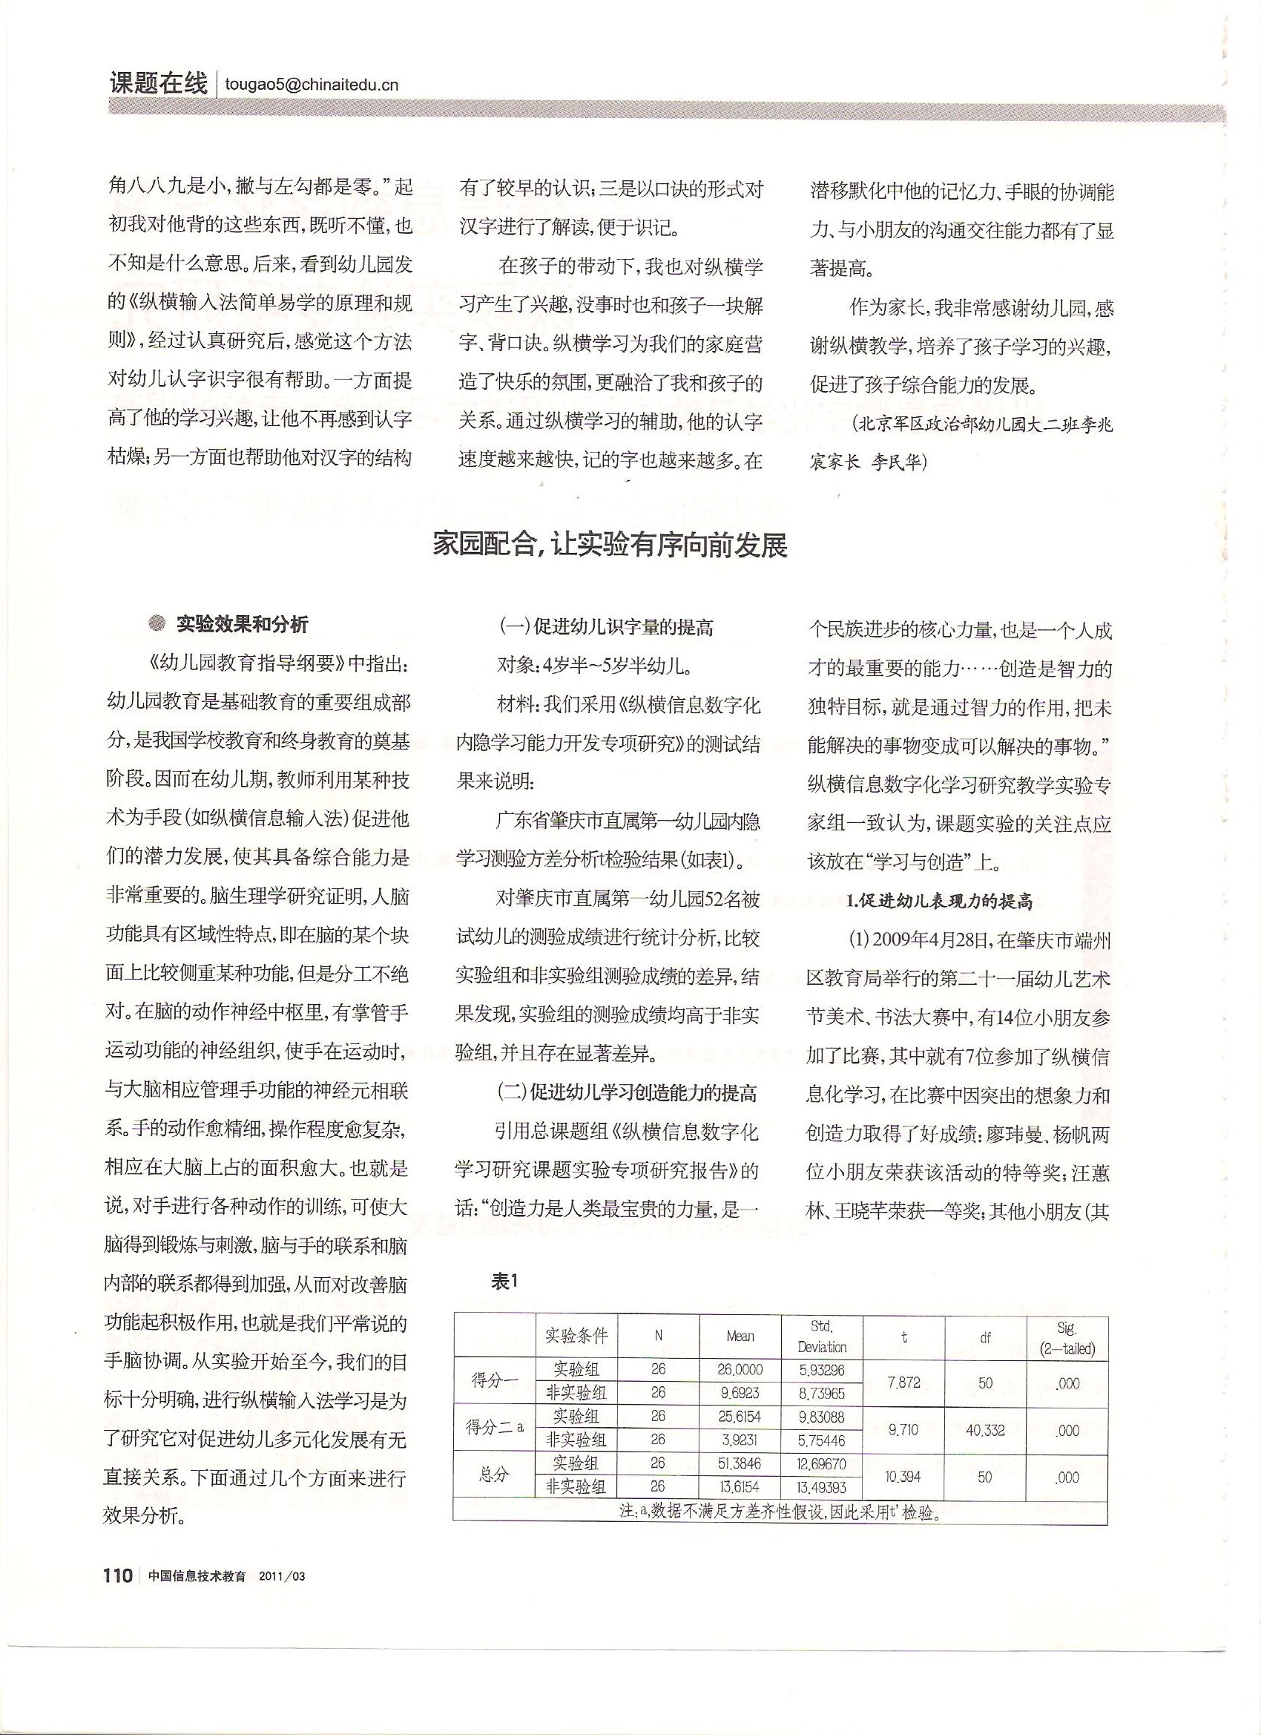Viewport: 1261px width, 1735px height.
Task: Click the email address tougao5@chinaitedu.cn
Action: coord(312,85)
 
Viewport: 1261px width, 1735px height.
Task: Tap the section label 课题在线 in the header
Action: coord(158,83)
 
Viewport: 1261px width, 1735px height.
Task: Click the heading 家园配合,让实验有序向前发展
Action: coord(610,546)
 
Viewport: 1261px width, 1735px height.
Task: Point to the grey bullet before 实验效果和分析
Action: coord(157,624)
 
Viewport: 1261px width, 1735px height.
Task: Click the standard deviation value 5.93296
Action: coord(822,1391)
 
